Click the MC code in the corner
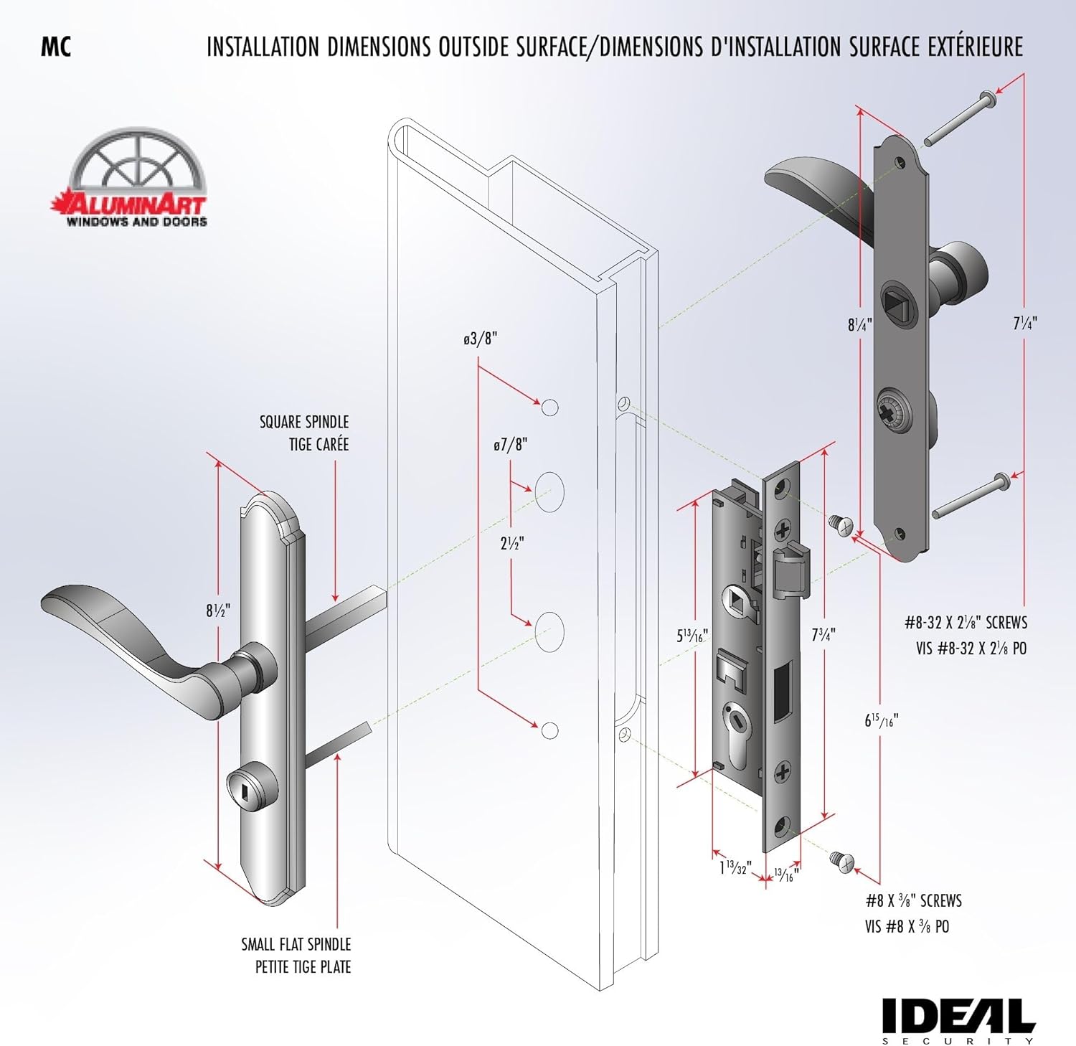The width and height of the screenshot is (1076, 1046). tap(56, 47)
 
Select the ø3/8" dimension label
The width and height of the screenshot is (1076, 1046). tap(480, 339)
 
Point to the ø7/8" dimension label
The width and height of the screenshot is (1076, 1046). tap(510, 445)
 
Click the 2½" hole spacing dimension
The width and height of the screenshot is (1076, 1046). tap(511, 543)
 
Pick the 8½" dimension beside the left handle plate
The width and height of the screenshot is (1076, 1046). tap(218, 611)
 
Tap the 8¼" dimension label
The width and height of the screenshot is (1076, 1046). tap(859, 324)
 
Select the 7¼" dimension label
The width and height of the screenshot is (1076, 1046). tap(1025, 323)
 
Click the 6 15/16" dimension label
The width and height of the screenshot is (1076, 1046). tap(881, 720)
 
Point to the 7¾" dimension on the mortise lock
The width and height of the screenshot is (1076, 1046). tap(823, 634)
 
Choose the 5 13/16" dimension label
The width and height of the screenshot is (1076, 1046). tap(692, 636)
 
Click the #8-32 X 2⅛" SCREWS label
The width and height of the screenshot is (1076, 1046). tap(966, 622)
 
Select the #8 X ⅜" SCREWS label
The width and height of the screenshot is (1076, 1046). tap(913, 901)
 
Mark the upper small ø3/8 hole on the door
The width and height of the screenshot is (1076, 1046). tap(549, 407)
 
